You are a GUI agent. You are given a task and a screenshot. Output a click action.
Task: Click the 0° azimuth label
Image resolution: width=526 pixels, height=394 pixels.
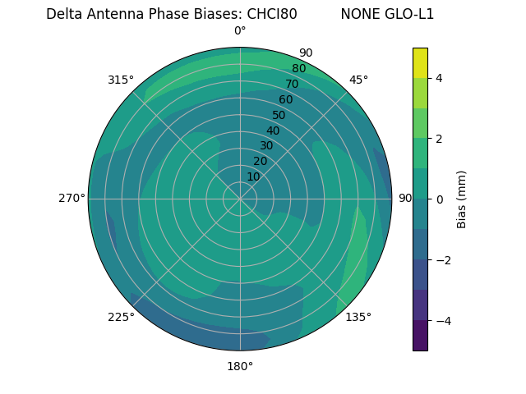(240, 31)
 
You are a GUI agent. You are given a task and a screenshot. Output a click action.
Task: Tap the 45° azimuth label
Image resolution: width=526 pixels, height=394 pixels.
(358, 80)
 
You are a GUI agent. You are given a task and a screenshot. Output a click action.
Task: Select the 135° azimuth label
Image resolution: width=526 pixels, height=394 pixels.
(358, 317)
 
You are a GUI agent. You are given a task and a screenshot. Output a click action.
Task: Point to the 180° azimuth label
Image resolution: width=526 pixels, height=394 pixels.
(240, 366)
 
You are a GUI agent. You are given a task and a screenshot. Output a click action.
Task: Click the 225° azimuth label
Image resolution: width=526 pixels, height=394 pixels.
(121, 318)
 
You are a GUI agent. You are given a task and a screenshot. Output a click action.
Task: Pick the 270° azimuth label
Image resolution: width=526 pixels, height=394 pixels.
(72, 198)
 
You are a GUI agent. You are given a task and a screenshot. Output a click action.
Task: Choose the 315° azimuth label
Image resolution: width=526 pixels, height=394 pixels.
(121, 80)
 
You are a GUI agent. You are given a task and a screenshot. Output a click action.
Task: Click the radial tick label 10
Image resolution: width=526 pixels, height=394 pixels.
(253, 176)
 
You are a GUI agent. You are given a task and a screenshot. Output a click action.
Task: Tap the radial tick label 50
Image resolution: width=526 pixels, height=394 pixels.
(279, 115)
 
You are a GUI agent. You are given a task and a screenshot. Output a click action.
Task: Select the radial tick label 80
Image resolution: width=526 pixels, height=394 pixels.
(299, 68)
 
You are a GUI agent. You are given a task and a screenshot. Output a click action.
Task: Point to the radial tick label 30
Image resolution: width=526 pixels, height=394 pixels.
(266, 146)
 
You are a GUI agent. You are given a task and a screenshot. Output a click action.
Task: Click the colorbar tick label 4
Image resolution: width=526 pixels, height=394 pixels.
(440, 78)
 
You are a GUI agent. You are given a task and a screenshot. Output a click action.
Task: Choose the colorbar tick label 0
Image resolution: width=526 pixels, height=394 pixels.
(440, 199)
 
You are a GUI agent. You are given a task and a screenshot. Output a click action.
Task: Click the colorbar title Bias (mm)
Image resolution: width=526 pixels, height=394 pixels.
(462, 199)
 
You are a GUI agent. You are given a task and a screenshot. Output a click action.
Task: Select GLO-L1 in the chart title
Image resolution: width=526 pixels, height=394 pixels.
(410, 14)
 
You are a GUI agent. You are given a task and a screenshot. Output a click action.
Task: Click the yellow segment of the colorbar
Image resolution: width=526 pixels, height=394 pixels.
(420, 62)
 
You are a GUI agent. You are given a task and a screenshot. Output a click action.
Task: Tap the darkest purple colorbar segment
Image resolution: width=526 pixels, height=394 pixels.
(420, 336)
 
